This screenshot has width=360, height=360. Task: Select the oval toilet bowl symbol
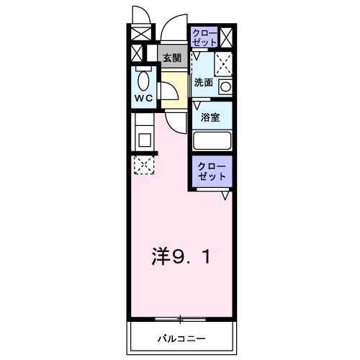coord(143,78)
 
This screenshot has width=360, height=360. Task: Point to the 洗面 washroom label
coord(203,82)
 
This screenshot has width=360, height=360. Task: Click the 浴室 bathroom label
coord(210,117)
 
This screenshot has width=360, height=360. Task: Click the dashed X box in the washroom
coord(225,63)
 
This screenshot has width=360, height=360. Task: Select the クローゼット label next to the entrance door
coord(203,37)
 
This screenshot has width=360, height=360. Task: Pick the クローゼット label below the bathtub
coord(212,171)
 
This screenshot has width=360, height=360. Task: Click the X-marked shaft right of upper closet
coord(227,36)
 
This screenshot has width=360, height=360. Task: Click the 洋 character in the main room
coord(161,256)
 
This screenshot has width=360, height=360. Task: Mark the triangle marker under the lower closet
coord(225,195)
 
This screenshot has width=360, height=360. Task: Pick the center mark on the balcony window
coord(180,318)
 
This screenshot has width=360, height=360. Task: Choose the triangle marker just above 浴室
coord(196,104)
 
